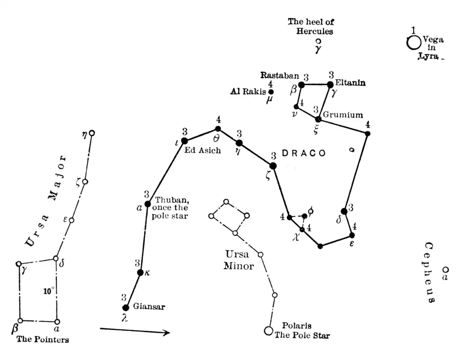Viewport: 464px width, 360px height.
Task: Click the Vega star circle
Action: tap(414, 43)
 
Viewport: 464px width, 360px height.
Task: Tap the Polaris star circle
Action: tap(268, 331)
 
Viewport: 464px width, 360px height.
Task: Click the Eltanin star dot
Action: tap(330, 84)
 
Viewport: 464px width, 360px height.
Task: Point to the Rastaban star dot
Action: tap(301, 84)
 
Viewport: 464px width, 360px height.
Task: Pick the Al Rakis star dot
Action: tap(271, 92)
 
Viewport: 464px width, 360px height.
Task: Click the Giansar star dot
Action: tap(126, 308)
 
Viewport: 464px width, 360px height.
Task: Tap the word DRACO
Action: tap(304, 153)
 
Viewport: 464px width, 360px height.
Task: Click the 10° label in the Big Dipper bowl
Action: tap(49, 291)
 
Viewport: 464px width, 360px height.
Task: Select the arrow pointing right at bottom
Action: tap(135, 331)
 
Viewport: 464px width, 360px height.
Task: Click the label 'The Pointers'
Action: tap(43, 339)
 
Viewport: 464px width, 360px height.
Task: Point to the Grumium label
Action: tap(343, 115)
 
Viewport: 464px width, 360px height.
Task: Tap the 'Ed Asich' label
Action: tap(203, 151)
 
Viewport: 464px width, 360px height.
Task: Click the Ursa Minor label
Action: tap(239, 260)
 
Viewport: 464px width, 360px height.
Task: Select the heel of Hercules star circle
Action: tap(319, 41)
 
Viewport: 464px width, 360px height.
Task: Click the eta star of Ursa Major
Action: tap(92, 133)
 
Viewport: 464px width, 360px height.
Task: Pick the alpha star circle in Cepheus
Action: tap(446, 270)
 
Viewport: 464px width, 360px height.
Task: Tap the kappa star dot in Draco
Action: tap(140, 272)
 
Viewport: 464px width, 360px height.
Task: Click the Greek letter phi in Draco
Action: tap(310, 210)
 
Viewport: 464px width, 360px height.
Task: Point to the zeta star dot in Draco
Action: tap(273, 166)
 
